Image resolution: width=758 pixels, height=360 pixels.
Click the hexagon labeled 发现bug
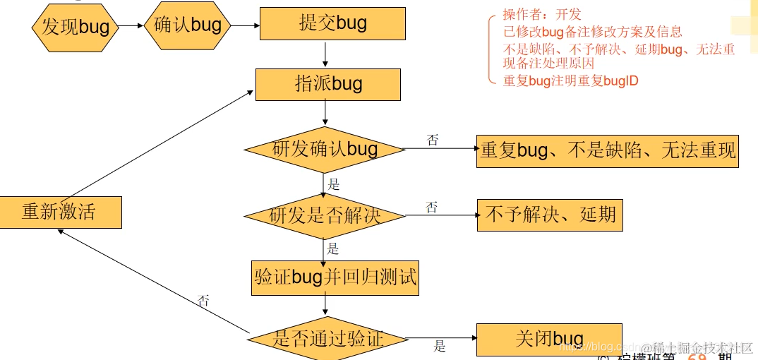click(75, 27)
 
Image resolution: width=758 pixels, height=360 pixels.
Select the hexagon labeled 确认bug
click(188, 25)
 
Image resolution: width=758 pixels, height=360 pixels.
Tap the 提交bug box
click(332, 23)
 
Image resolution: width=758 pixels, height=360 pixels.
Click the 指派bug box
click(328, 85)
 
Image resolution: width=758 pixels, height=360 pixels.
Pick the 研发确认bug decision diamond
click(325, 149)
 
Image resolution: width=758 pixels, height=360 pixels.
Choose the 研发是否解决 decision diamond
click(325, 215)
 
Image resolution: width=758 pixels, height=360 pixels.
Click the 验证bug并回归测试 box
click(335, 277)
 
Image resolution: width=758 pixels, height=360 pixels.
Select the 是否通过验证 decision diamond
click(327, 339)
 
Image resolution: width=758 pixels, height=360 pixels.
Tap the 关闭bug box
click(549, 339)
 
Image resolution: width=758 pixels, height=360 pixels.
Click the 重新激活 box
click(61, 212)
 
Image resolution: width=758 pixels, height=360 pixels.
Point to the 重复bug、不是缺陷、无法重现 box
click(607, 150)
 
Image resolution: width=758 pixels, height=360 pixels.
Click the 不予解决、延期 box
click(551, 215)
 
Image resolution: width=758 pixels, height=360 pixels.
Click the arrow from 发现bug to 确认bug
click(130, 25)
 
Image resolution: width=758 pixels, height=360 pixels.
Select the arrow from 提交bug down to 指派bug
click(325, 54)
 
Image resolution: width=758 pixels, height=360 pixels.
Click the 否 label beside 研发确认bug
click(433, 140)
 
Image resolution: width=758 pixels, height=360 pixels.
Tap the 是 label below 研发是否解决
click(333, 248)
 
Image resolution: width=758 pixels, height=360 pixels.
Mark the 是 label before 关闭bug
click(440, 347)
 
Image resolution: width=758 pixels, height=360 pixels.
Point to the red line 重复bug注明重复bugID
click(570, 80)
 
